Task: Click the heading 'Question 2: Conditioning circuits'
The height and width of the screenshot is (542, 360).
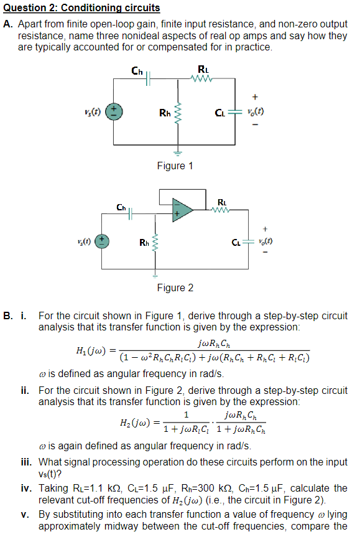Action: (81, 8)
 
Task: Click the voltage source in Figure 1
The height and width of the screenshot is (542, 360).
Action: (113, 113)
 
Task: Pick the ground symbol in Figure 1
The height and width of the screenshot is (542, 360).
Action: (178, 151)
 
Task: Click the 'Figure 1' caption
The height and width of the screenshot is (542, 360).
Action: (175, 166)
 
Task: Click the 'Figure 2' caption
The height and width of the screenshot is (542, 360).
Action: (175, 287)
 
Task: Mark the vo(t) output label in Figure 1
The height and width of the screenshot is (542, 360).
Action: (255, 113)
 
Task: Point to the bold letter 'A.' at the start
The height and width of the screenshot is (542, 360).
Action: (8, 24)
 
